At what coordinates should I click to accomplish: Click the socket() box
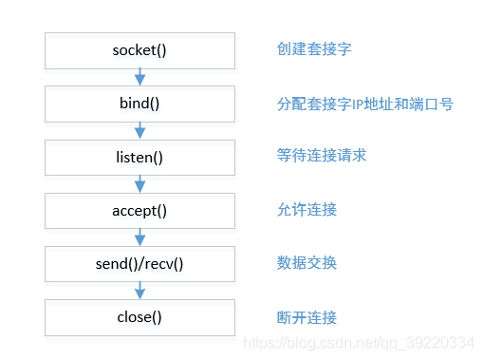[x=139, y=49]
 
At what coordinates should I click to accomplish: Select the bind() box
[x=139, y=103]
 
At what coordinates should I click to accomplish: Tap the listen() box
[x=139, y=156]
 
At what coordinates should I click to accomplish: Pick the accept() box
[x=139, y=210]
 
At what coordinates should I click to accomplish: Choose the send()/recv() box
[x=139, y=263]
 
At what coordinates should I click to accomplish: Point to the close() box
[x=139, y=316]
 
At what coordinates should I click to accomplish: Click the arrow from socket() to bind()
[x=139, y=76]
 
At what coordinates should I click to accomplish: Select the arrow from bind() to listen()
[x=139, y=129]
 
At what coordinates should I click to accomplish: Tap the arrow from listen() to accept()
[x=139, y=183]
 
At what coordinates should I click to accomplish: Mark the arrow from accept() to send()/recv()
[x=139, y=237]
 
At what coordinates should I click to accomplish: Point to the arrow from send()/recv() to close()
[x=139, y=290]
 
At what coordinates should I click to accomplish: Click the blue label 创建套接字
[x=313, y=49]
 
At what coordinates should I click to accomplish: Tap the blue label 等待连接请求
[x=321, y=156]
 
